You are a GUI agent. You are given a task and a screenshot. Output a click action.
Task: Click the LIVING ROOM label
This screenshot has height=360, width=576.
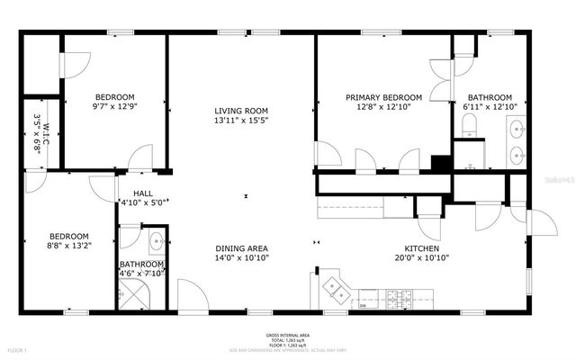pyautogui.click(x=240, y=111)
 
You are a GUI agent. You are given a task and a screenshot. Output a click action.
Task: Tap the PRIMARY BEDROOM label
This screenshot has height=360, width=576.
pyautogui.click(x=384, y=97)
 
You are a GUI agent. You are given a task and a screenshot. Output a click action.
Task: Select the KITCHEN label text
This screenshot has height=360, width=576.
pyautogui.click(x=421, y=247)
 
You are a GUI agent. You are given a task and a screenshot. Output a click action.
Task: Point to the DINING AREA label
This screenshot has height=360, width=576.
pyautogui.click(x=241, y=247)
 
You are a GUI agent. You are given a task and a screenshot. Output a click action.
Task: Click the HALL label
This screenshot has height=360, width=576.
pyautogui.click(x=142, y=193)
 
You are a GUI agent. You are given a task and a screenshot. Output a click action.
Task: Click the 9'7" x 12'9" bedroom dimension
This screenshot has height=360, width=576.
pyautogui.click(x=115, y=107)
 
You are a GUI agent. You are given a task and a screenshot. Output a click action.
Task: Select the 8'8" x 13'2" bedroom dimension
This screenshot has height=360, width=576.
pyautogui.click(x=69, y=245)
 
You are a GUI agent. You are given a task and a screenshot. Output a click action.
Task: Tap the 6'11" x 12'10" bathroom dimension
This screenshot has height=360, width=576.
pyautogui.click(x=490, y=107)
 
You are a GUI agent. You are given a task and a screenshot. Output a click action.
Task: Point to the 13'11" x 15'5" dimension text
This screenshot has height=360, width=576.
pyautogui.click(x=240, y=121)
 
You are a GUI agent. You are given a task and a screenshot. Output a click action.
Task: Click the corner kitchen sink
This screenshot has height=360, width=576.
pyautogui.click(x=336, y=288)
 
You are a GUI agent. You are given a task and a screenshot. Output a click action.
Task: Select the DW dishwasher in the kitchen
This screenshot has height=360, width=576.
pyautogui.click(x=363, y=305)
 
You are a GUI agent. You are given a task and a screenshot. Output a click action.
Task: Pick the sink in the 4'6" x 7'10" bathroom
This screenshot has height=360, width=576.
pyautogui.click(x=155, y=241)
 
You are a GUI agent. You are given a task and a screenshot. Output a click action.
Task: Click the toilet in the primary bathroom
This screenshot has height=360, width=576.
pyautogui.click(x=469, y=130)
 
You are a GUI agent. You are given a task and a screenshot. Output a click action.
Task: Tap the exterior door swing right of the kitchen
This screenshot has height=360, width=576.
pyautogui.click(x=542, y=223)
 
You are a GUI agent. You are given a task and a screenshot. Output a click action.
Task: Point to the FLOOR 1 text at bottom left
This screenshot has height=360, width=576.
pyautogui.click(x=18, y=349)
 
